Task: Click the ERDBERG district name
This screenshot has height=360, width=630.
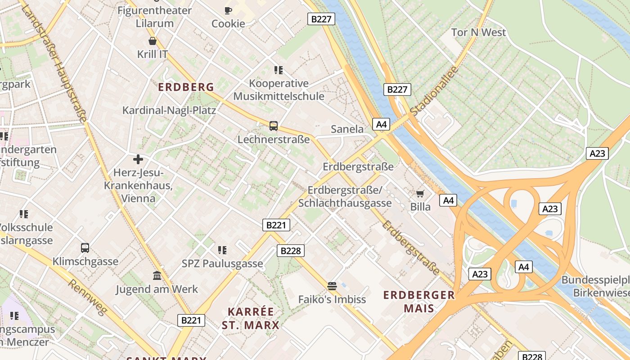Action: [x=186, y=87]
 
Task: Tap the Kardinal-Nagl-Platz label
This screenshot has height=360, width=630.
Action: [x=169, y=110]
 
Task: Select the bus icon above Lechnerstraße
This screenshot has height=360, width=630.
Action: [x=273, y=126]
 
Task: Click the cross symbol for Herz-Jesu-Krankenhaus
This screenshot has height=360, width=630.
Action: [x=138, y=159]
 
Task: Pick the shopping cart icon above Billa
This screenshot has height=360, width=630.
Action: [x=420, y=193]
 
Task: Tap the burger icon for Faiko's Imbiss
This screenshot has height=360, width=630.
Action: [x=332, y=286]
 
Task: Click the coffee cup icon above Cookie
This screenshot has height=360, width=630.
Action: [x=228, y=10]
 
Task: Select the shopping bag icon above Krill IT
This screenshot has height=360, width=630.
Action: [x=153, y=41]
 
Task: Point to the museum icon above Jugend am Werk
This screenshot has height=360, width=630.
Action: [x=157, y=275]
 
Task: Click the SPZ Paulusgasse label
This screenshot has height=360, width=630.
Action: [x=222, y=264]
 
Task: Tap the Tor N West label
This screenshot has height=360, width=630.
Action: [x=478, y=32]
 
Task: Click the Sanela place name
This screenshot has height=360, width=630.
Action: [x=347, y=129]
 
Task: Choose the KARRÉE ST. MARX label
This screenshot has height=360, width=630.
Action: [x=251, y=318]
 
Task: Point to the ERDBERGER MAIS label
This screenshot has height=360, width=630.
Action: [x=419, y=301]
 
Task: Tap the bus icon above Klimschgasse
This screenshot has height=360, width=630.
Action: [x=85, y=247]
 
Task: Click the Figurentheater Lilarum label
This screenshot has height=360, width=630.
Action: [x=154, y=17]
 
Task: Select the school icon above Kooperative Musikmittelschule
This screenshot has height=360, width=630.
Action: [x=279, y=70]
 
